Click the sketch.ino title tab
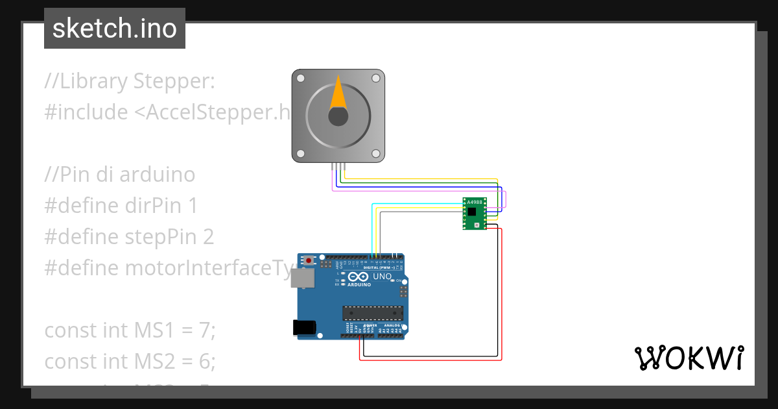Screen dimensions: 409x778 click(x=115, y=29)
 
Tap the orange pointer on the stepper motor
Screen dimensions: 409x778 click(x=338, y=93)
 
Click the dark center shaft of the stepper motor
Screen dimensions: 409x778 click(x=338, y=116)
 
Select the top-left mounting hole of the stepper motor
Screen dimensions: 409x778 click(x=300, y=78)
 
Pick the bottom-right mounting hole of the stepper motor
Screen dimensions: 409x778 click(x=375, y=154)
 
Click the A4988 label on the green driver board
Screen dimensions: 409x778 click(x=475, y=203)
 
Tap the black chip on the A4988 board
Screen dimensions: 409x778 click(x=472, y=212)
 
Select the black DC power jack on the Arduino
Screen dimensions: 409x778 click(x=305, y=327)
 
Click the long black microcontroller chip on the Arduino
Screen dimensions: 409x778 click(x=372, y=313)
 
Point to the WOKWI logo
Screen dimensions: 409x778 click(x=689, y=358)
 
